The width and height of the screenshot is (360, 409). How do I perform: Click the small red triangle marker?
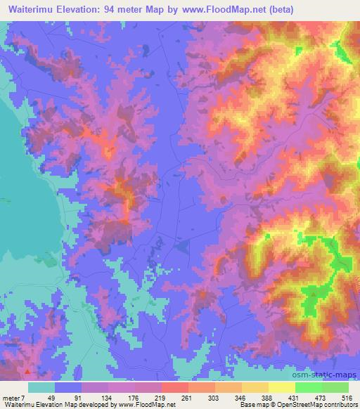pyautogui.click(x=27, y=371)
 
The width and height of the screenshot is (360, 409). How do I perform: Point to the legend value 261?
pyautogui.click(x=186, y=397)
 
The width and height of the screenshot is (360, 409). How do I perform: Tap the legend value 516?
pyautogui.click(x=347, y=397)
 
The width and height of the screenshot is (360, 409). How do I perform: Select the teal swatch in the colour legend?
pyautogui.click(x=41, y=387)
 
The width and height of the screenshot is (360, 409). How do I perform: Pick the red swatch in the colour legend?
pyautogui.click(x=174, y=387)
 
